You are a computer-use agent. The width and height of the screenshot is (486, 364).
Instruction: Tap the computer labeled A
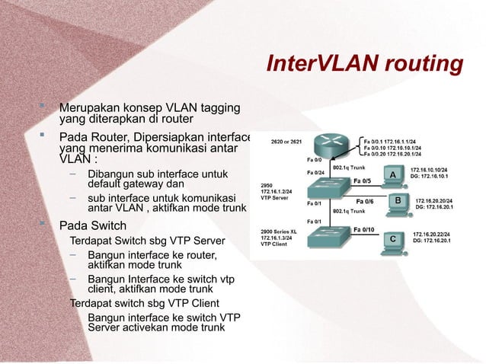(x=393, y=174)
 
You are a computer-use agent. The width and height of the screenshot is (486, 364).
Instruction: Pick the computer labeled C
(x=392, y=238)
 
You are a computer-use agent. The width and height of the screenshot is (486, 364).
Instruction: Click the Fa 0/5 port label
(x=362, y=181)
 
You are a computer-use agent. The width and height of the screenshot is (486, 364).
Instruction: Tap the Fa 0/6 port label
(x=365, y=202)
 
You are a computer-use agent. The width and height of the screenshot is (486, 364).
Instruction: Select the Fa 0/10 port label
(x=363, y=228)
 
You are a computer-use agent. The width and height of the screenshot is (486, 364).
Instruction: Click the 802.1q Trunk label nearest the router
(x=350, y=165)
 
